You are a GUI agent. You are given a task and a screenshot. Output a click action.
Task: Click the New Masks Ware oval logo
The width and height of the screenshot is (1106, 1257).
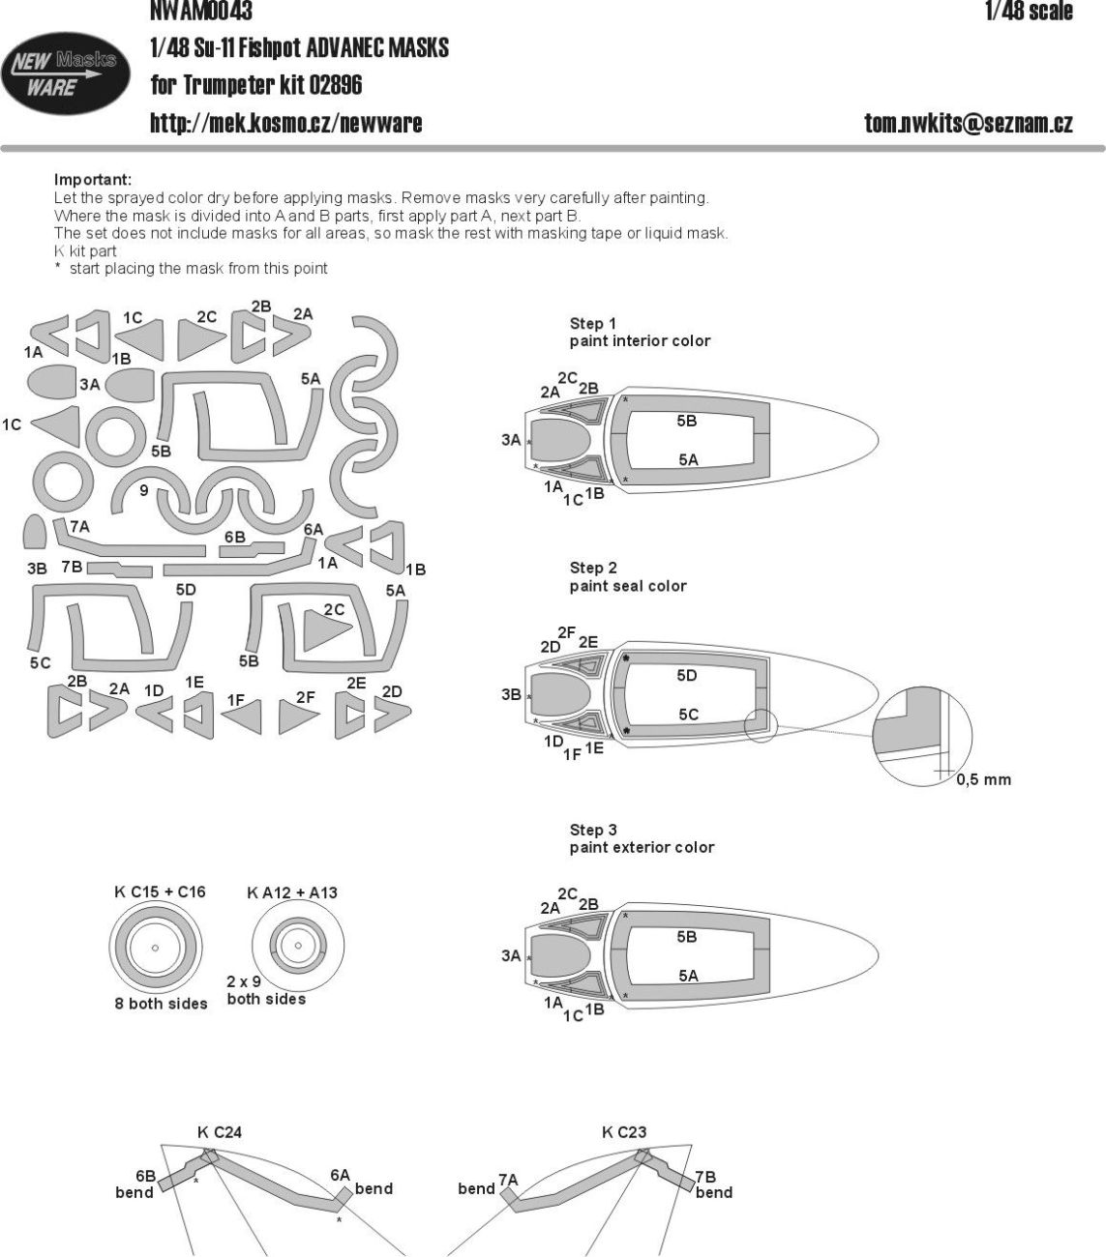tap(66, 74)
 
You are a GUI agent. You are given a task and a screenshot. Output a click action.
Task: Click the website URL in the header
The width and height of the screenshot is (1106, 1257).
tap(285, 123)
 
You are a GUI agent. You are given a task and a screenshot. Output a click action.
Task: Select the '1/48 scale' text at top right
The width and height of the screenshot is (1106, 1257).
tap(1028, 12)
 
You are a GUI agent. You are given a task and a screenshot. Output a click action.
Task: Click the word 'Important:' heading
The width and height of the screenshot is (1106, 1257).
tap(93, 180)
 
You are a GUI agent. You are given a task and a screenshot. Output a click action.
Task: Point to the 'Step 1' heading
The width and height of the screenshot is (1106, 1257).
tap(592, 324)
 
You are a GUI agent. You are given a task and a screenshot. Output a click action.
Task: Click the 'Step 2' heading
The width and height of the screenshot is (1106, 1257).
tap(592, 569)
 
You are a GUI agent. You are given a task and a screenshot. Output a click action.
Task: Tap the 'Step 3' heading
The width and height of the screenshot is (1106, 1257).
tap(592, 831)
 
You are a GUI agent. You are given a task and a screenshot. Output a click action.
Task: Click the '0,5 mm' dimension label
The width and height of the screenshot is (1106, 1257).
tap(983, 779)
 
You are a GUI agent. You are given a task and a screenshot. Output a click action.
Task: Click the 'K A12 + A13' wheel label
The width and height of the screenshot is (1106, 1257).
tap(292, 892)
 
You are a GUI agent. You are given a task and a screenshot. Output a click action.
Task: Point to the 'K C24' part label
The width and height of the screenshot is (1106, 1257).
tap(219, 1132)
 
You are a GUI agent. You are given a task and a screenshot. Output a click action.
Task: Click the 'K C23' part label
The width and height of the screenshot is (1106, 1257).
tap(624, 1132)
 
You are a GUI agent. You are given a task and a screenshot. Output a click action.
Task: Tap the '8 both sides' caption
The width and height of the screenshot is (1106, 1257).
tap(161, 1004)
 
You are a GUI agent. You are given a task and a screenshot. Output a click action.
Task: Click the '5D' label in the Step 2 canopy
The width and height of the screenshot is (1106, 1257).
tap(686, 676)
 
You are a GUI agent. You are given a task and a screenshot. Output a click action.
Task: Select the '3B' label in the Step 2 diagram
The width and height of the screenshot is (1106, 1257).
tap(511, 694)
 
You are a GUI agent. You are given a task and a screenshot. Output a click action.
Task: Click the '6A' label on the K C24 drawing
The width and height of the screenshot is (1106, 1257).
tap(340, 1175)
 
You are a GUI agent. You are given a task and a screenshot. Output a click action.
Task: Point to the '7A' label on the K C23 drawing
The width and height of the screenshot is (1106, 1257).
tap(508, 1180)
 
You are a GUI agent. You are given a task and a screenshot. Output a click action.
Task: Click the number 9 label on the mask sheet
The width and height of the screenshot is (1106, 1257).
tap(143, 491)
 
